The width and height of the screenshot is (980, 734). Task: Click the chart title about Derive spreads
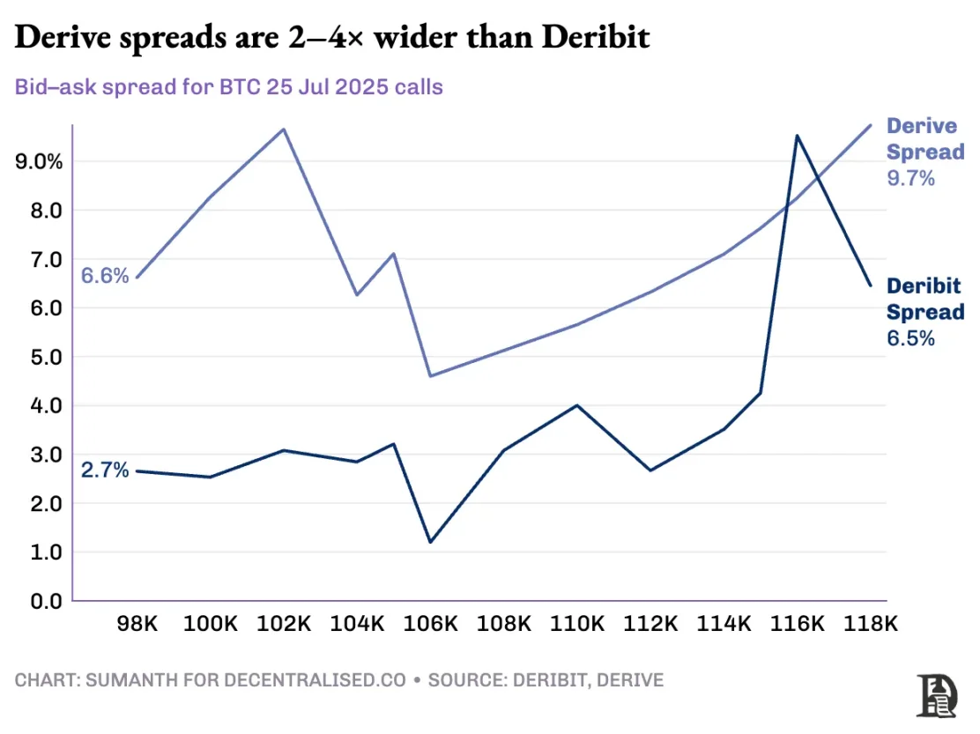tap(333, 38)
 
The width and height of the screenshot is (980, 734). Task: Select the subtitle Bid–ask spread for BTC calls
tap(229, 87)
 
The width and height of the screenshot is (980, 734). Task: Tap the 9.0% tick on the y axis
tap(39, 162)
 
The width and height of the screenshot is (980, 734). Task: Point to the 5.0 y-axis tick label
tap(47, 358)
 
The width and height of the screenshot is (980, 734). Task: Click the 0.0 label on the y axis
tap(47, 602)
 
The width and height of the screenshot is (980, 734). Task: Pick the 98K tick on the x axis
tap(137, 624)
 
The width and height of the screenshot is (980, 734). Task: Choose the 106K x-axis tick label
tap(430, 624)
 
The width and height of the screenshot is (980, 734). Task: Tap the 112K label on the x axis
tap(650, 624)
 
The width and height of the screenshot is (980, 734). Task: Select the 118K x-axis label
tap(870, 624)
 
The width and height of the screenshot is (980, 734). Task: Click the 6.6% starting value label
tap(105, 276)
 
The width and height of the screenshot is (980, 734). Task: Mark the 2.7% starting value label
tap(105, 471)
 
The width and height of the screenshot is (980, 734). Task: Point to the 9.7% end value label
tap(910, 178)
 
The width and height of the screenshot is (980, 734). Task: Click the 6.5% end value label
tap(910, 338)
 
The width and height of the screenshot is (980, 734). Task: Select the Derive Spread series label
tap(924, 139)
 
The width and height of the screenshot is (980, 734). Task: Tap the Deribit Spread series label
tap(924, 299)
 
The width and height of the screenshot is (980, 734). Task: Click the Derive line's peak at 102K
tap(283, 129)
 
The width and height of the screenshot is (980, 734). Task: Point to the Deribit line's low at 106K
tap(430, 542)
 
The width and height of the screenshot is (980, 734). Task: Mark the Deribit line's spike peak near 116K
tap(797, 136)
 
